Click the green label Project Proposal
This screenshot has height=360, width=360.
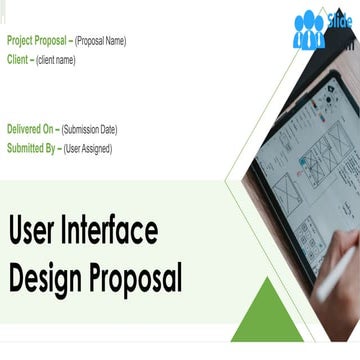point(36,41)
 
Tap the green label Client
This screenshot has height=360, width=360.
point(17,59)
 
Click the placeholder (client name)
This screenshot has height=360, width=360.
point(55,60)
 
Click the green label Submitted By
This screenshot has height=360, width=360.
point(30,148)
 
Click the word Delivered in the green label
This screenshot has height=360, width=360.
point(24,130)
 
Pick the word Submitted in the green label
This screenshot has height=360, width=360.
point(25,148)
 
